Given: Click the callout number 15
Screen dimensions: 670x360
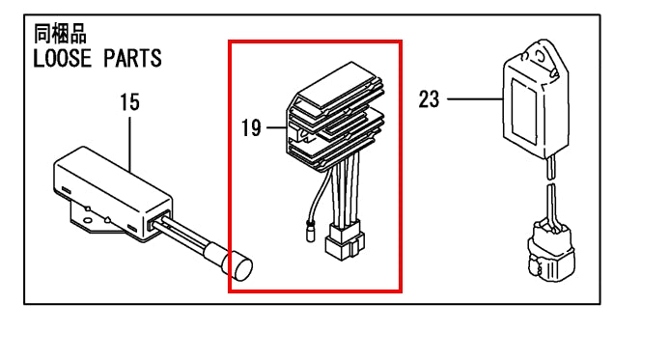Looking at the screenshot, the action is pos(129,102).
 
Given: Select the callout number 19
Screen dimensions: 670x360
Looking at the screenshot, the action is pos(251,127).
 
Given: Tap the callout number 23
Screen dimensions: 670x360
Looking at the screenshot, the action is pos(429,99).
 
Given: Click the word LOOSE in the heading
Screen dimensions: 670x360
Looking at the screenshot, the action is pos(63,58).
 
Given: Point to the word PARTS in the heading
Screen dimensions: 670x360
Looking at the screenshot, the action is pos(133,58).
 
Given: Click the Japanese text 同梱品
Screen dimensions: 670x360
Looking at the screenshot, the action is pos(60,34).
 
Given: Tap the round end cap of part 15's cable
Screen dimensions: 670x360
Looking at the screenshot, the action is pos(240,267).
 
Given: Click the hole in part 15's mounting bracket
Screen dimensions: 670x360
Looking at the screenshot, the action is pos(87,221).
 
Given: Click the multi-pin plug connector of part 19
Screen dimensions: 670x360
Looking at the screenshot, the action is pos(346,241).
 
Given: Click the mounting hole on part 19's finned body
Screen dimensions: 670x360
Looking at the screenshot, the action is pos(306,137).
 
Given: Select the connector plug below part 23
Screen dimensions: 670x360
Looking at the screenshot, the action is pos(551,252).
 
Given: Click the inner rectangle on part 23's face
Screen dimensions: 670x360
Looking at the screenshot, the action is pos(524,111).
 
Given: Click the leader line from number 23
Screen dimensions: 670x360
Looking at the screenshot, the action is pos(475,99).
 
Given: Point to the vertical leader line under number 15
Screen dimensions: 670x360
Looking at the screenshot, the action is pos(130,144).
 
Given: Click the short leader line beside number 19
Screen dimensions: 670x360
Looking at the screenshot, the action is pos(276,127).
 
